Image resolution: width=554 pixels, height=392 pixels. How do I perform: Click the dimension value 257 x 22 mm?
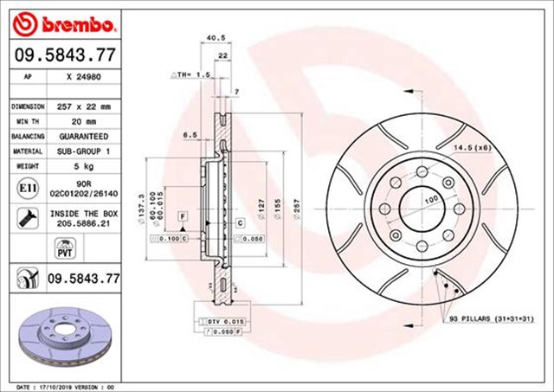pos(84,106)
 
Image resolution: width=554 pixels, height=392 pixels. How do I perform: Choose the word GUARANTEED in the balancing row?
pos(84,137)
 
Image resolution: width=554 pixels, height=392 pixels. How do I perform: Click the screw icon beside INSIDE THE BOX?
pos(27,217)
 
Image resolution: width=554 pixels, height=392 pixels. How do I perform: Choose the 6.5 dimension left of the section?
pos(190,135)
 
